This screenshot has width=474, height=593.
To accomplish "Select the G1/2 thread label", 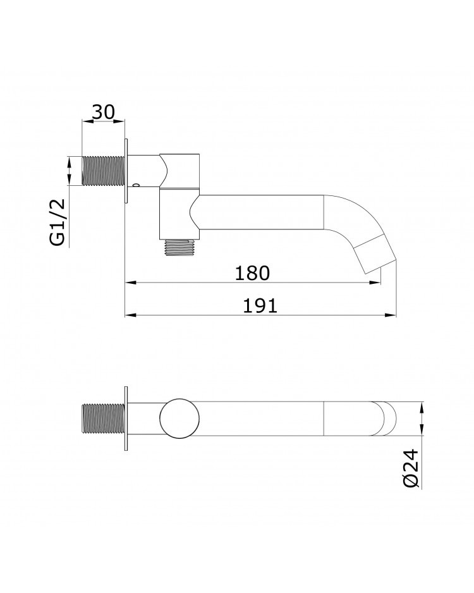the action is coord(58,223).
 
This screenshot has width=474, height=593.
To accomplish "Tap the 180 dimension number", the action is coord(252,273).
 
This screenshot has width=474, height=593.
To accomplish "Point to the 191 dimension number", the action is coord(260,305).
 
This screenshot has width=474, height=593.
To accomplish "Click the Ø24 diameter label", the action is coord(411,468).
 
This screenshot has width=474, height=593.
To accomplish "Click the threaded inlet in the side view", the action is coord(103,171).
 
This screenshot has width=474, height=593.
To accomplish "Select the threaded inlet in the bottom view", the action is coord(103,419).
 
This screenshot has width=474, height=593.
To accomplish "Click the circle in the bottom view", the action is coord(179,419).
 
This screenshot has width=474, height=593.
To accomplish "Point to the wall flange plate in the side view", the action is coord(126,171).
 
